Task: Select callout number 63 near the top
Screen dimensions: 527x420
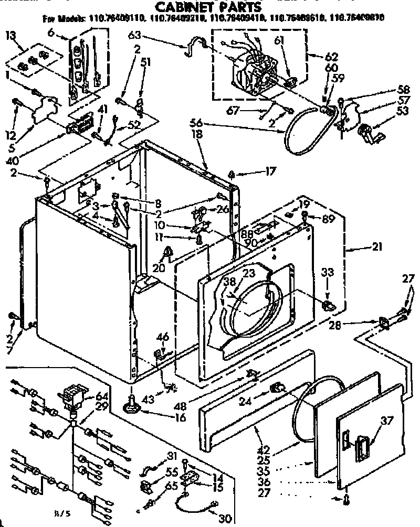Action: pos(135,36)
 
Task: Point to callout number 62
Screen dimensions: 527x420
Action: pos(317,57)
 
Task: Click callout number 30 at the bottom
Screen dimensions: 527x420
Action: pos(224,518)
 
